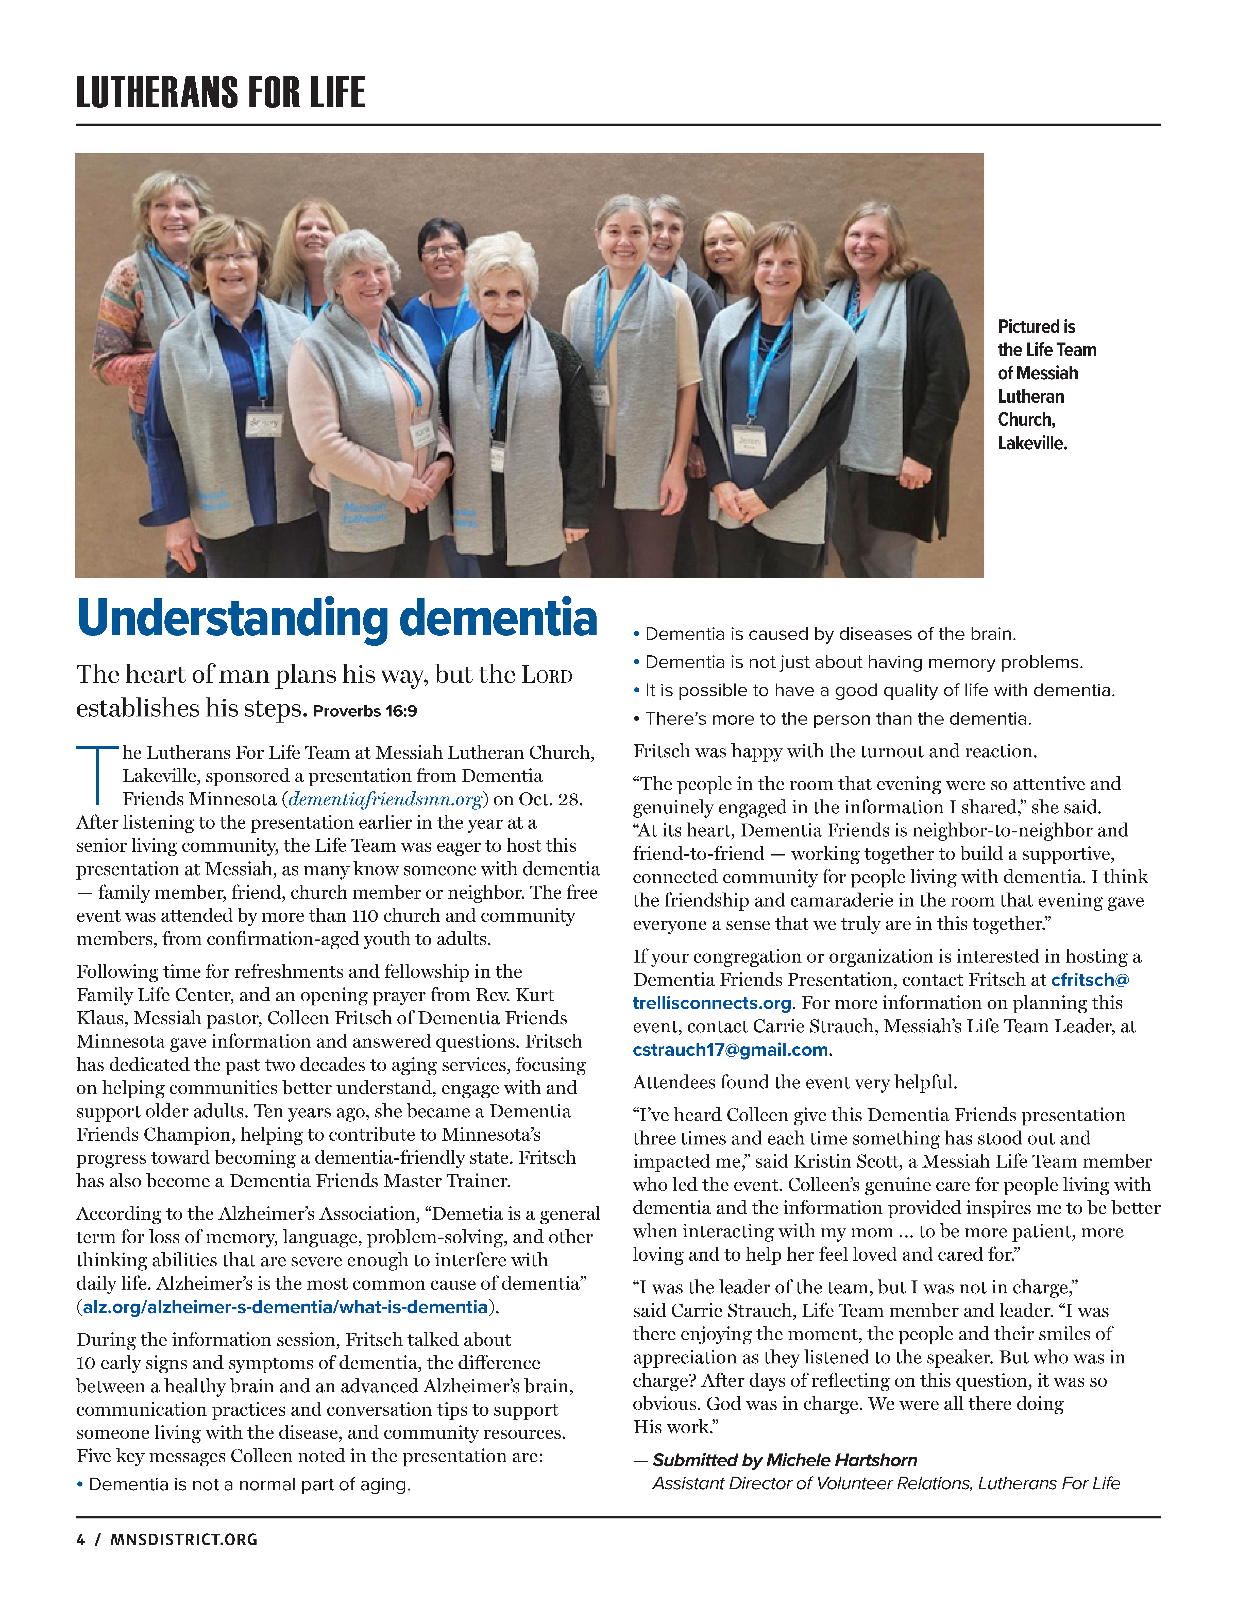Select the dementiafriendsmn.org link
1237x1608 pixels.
[x=385, y=799]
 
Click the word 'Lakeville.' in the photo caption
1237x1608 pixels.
[x=1031, y=443]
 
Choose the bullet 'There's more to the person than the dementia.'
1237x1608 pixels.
[x=838, y=719]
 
